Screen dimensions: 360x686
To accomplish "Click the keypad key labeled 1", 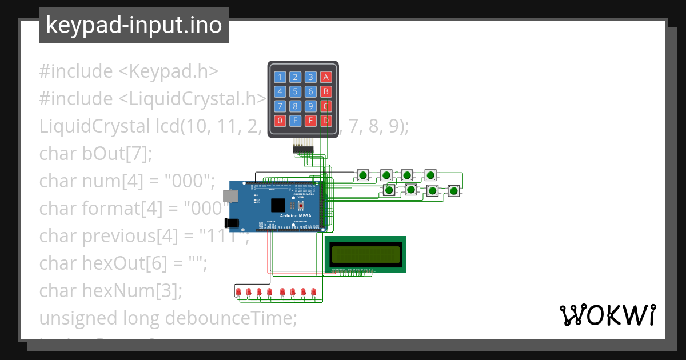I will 280,77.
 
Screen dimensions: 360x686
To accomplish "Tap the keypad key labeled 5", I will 295,91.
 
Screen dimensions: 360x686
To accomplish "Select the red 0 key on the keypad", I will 280,121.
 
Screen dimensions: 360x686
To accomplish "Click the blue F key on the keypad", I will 295,121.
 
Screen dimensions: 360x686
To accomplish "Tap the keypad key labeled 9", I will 310,106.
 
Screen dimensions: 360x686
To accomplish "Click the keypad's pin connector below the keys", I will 303,149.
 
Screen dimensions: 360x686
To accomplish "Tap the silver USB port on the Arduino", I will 230,195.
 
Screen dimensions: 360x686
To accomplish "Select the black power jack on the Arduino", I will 231,223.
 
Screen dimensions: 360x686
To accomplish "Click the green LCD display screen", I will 365,253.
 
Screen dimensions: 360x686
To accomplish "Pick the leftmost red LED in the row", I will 238,293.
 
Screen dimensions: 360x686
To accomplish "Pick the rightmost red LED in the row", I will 314,293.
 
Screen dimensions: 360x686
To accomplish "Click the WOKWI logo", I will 607,315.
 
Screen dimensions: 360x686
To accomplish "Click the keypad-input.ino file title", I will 134,25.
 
